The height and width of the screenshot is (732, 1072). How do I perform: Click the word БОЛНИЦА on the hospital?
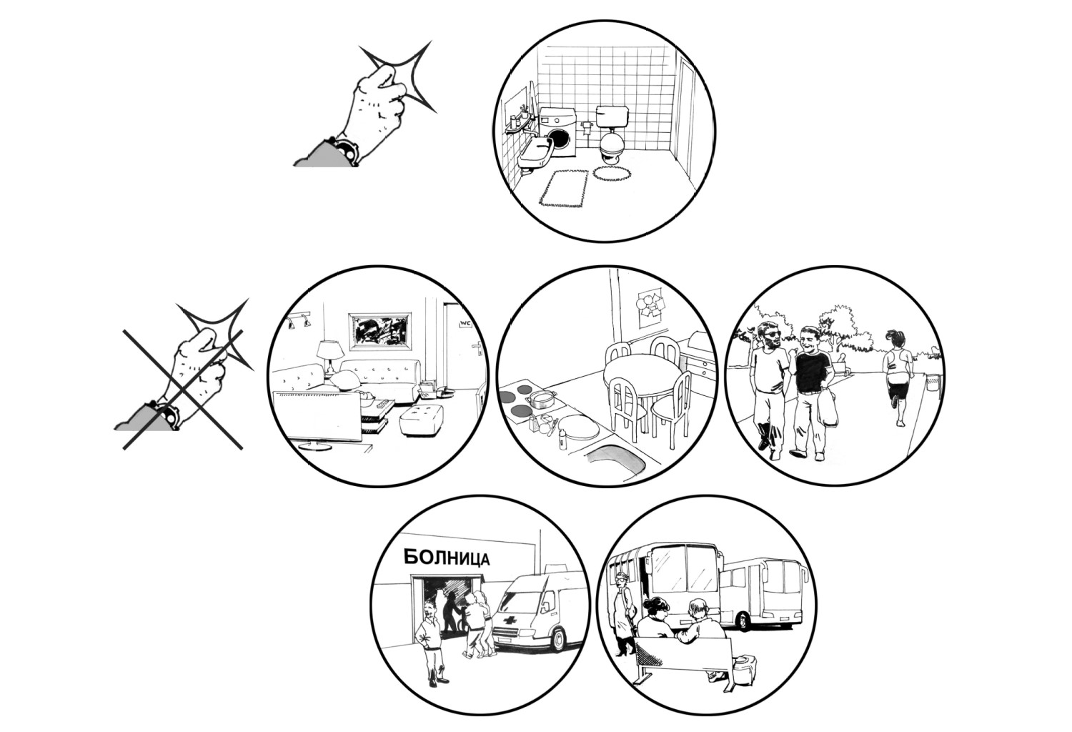(447, 557)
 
